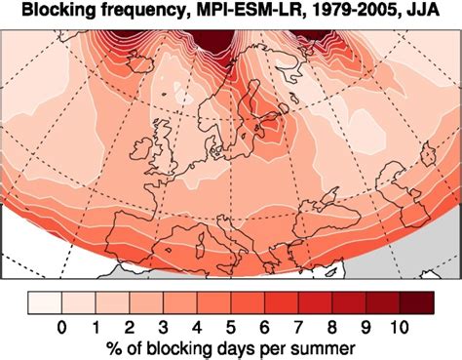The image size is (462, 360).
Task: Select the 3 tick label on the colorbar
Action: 164,326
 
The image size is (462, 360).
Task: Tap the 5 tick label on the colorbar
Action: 232,326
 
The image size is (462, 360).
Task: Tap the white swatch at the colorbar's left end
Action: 45,301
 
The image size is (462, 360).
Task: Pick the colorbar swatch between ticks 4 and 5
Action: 214,301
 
